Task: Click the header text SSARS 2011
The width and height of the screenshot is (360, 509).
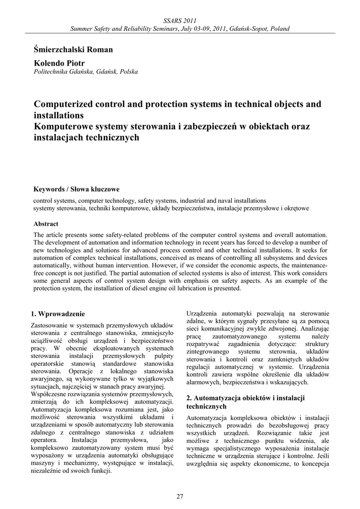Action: (x=180, y=20)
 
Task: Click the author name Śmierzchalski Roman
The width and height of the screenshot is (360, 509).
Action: (x=73, y=49)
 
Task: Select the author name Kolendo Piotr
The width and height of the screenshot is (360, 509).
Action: (x=59, y=63)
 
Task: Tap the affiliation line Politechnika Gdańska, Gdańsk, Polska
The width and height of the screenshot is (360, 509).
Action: (x=85, y=72)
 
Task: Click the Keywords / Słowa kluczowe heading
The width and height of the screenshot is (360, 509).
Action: (x=76, y=189)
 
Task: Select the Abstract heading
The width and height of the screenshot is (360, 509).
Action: (x=46, y=224)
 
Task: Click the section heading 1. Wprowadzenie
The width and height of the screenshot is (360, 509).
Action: (x=58, y=314)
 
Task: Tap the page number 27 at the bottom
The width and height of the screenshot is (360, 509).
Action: (x=180, y=496)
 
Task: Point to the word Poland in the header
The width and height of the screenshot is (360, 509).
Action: (x=280, y=28)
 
